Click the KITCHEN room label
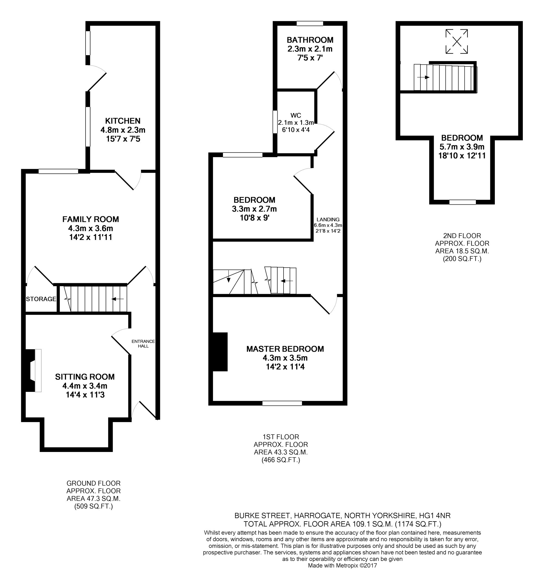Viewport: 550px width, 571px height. pos(122,121)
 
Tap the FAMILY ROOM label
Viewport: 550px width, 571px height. pos(90,219)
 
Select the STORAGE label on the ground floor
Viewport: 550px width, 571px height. pos(41,299)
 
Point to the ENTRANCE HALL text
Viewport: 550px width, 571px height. pos(143,344)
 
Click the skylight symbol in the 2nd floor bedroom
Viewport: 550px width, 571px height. pos(457,41)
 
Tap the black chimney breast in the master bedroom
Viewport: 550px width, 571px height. pos(220,352)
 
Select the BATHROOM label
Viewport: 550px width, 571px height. pos(310,40)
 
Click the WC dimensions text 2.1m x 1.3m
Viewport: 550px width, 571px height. pos(296,123)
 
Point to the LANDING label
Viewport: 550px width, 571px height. pos(328,219)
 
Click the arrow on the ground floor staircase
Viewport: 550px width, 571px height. pos(118,299)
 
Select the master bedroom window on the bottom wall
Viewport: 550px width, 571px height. pos(282,403)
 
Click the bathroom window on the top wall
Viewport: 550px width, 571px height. pos(310,24)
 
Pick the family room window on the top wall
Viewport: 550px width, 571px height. pos(58,171)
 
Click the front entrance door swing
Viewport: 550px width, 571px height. pos(143,411)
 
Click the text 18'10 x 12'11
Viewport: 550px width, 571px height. pos(462,156)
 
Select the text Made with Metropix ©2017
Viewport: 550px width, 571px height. pos(342,566)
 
